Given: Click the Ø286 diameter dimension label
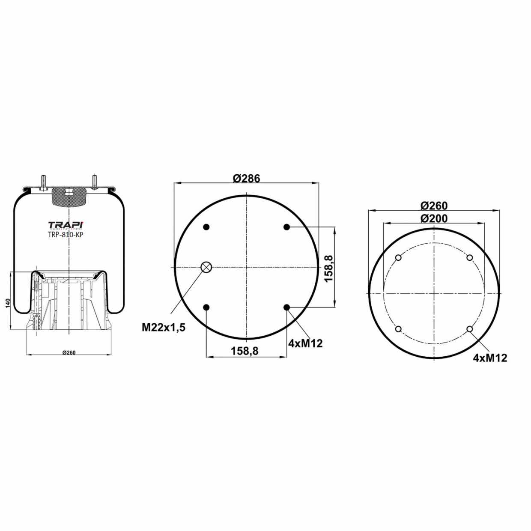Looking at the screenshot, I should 246,178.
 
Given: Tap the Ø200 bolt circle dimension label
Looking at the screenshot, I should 434,218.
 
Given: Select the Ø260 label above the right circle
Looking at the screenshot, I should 434,206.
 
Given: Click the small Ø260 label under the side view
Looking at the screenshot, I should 69,352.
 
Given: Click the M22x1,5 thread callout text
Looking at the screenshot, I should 164,328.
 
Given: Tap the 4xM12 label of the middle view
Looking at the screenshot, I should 305,343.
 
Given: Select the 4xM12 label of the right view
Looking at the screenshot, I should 490,358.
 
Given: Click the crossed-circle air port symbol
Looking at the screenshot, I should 206,267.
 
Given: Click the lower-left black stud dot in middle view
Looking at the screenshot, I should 206,307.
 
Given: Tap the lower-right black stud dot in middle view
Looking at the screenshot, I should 286,307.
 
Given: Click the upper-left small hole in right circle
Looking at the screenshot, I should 398,258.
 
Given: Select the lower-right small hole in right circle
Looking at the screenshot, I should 470,329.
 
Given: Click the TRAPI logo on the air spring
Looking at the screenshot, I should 66,225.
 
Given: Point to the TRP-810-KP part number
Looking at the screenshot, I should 65,235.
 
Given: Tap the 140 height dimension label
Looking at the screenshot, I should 7,303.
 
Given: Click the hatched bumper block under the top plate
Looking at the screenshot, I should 69,197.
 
